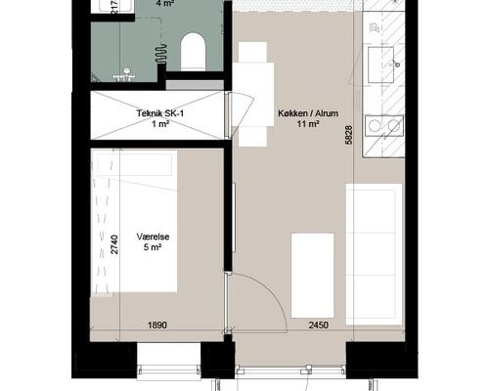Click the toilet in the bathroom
193,52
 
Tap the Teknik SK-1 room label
160,113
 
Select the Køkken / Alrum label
308,113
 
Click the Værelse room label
153,237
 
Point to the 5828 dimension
349,135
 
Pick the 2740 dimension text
114,244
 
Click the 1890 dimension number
157,325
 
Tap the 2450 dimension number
319,325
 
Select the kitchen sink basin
380,65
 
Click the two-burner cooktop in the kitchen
384,126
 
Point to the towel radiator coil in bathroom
160,53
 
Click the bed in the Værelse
134,221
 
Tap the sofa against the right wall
374,254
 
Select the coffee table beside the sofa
313,276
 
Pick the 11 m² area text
308,124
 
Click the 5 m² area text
153,247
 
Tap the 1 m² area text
160,124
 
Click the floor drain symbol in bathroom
126,70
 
